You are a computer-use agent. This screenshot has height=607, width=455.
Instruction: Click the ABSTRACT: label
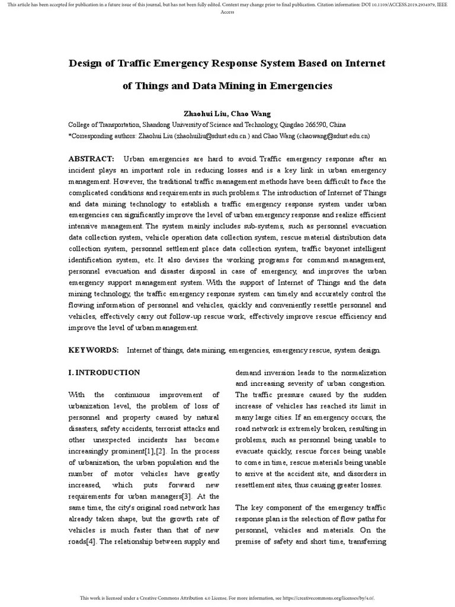(91, 159)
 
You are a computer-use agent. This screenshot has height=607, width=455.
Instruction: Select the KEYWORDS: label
(94, 350)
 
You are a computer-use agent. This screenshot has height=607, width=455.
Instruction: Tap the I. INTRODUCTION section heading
(104, 373)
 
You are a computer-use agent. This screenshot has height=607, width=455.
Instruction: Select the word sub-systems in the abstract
(271, 226)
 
